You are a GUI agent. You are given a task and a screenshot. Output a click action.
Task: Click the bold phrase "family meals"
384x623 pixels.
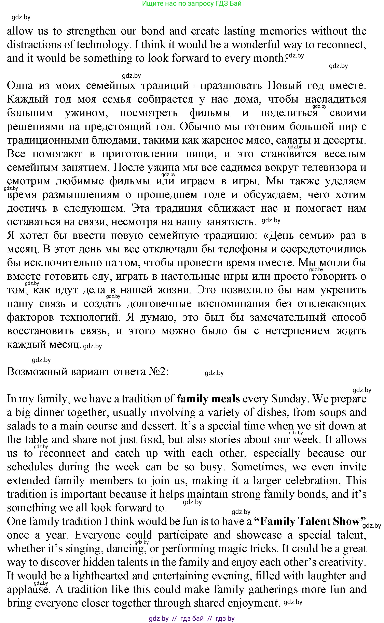click(208, 399)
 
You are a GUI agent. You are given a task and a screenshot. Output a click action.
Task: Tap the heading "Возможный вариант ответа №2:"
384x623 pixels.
click(88, 371)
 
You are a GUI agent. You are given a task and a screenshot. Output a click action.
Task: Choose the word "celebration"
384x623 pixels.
click(312, 480)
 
